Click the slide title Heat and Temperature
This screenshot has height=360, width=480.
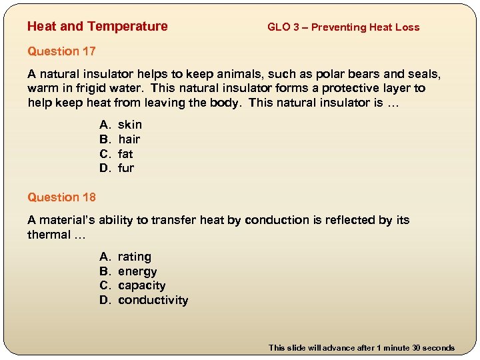click(97, 27)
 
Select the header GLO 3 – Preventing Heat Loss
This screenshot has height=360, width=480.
click(343, 27)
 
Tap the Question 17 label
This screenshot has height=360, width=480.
click(61, 51)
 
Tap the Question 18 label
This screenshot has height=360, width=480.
click(61, 197)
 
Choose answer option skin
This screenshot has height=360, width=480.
click(130, 125)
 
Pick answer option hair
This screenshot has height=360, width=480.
click(129, 139)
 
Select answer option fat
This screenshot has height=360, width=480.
click(125, 154)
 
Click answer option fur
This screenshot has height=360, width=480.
click(126, 169)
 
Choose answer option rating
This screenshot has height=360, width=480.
click(135, 257)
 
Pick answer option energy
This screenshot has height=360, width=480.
click(137, 271)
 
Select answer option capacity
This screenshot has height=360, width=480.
click(141, 285)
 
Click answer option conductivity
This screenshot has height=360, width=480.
click(153, 300)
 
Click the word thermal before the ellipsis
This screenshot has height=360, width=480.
click(49, 235)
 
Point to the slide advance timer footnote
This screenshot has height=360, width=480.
click(361, 348)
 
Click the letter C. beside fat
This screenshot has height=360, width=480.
click(105, 154)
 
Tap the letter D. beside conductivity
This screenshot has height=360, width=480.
click(105, 300)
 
